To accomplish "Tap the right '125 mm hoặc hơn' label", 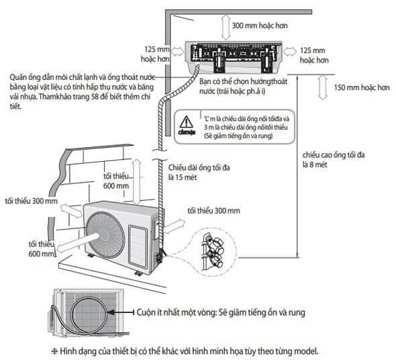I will pyautogui.click(x=315, y=55).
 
